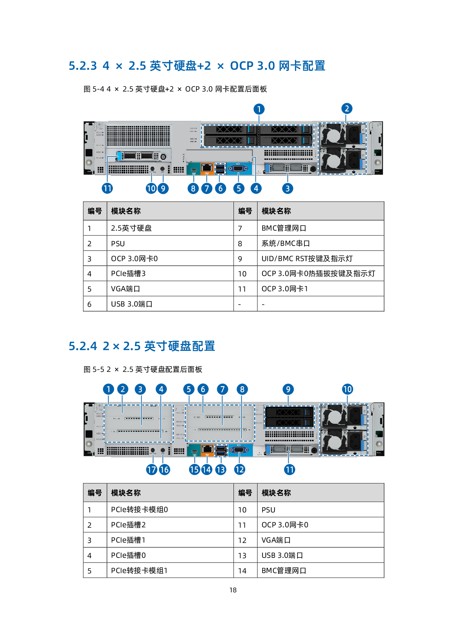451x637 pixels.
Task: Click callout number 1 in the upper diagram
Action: click(259, 109)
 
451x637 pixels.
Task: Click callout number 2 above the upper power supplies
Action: click(347, 108)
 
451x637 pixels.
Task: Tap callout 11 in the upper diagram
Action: click(107, 188)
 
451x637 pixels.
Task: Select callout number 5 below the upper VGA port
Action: click(239, 188)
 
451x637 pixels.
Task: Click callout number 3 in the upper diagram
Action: click(287, 188)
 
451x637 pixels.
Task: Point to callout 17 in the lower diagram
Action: click(152, 470)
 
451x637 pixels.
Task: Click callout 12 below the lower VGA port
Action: click(239, 470)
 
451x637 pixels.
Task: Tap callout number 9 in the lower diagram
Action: click(288, 389)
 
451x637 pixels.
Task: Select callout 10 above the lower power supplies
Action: click(347, 389)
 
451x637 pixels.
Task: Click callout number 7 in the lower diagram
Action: click(222, 389)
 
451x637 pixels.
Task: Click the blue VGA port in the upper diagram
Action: click(239, 169)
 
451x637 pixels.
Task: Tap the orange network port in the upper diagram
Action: click(207, 168)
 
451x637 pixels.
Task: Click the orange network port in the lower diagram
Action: click(207, 450)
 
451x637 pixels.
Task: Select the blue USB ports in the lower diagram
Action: click(220, 450)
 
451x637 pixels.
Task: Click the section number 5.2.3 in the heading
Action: click(83, 66)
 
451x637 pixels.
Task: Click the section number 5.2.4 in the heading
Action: click(83, 346)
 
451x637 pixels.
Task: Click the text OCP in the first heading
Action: click(242, 66)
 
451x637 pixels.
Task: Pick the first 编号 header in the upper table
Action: click(95, 211)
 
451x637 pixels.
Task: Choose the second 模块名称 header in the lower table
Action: click(276, 493)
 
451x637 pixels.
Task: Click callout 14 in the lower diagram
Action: click(207, 470)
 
